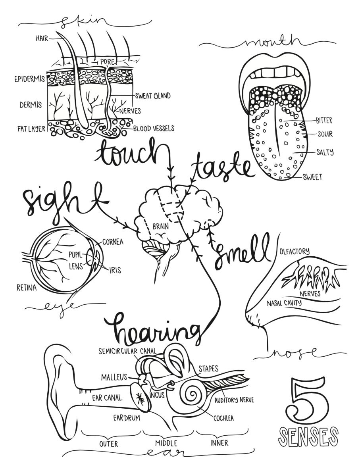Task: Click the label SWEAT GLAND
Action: tap(153, 96)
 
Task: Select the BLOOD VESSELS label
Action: tap(153, 129)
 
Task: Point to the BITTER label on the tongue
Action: tap(324, 120)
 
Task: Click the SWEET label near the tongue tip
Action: tap(312, 177)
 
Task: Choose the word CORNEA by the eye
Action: tap(113, 242)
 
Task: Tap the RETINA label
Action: tap(26, 287)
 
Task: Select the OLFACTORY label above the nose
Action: tap(295, 251)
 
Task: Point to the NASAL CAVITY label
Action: tap(284, 303)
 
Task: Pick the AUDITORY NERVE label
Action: tap(234, 400)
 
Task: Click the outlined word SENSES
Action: tap(308, 436)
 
